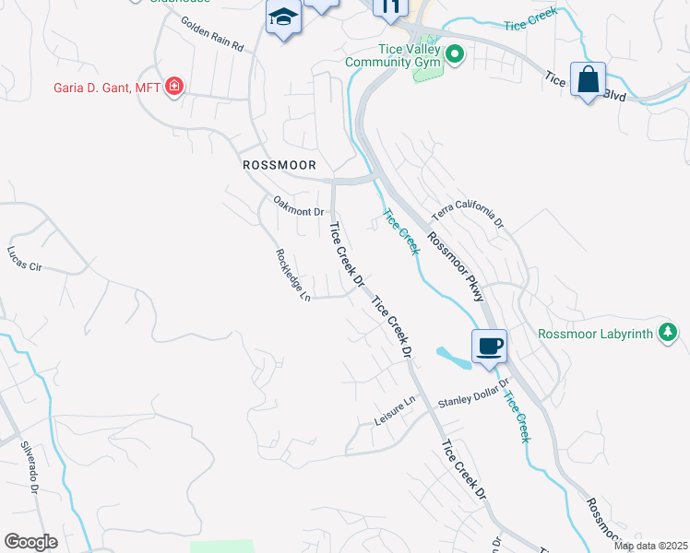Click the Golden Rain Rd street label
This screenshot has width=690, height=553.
(x=211, y=34)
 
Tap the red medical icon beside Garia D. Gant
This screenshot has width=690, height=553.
(x=173, y=88)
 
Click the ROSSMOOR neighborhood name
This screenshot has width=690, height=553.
(x=279, y=165)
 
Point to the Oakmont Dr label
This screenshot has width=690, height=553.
(x=298, y=205)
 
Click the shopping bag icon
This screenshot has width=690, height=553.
(x=588, y=80)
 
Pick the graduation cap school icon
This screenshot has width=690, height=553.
(x=283, y=18)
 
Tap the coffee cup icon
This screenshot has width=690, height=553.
(x=489, y=347)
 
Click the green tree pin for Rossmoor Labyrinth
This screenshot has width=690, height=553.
(x=668, y=333)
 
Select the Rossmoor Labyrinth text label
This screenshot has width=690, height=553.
(x=595, y=333)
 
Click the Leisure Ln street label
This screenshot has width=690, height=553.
(x=396, y=410)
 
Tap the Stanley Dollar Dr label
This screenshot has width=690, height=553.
(x=473, y=394)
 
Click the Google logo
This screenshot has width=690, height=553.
(x=30, y=542)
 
